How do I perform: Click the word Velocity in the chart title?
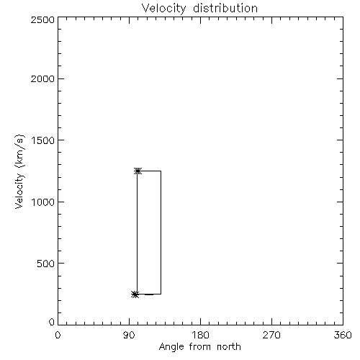coord(163,9)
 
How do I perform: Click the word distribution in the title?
coord(225,8)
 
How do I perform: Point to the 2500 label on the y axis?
coord(42,19)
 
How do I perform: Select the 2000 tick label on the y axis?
coord(42,78)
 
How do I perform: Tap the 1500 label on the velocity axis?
coord(43,140)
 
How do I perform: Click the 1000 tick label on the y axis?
coord(43,202)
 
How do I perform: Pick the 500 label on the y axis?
coord(46,264)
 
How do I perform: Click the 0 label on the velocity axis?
coord(52,322)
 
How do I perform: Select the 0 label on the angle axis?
coord(58,335)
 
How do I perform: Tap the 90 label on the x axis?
coord(129,335)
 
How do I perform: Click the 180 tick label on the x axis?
coord(200,335)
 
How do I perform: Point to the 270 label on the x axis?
coord(271,335)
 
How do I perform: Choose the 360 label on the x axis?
coord(343,335)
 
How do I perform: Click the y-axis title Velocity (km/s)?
coord(19,171)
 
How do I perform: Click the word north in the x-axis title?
coord(229,347)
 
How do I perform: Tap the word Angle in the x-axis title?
coord(171,348)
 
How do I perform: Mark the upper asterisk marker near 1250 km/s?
coord(138,171)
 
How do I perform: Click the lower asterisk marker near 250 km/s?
coord(135,294)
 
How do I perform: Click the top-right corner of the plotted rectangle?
coord(161,171)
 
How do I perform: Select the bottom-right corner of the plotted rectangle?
coord(161,294)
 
